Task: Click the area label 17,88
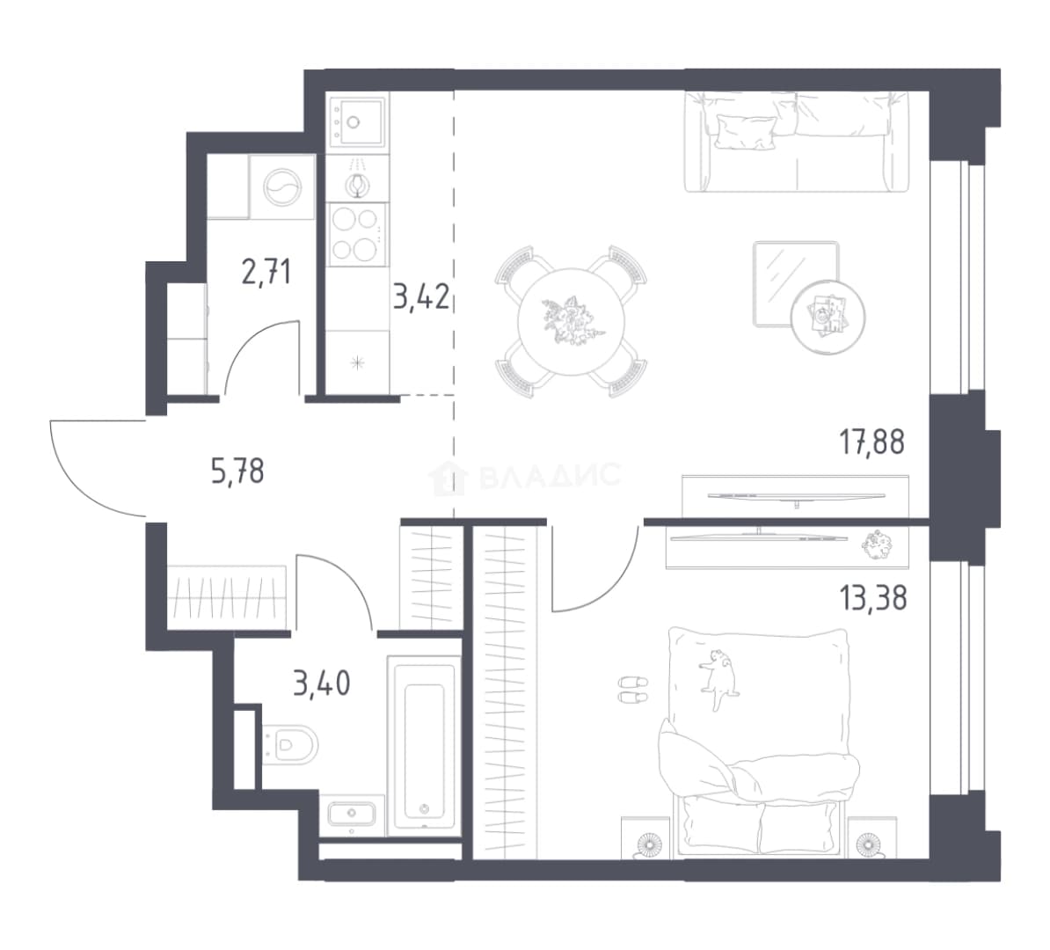(x=871, y=442)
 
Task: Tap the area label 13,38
(x=873, y=597)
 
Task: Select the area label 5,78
(x=237, y=471)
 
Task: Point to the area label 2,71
(x=266, y=273)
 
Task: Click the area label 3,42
(x=420, y=296)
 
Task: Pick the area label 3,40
(x=322, y=684)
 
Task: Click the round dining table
(x=572, y=322)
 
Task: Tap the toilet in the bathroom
(x=289, y=743)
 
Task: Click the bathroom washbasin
(x=353, y=815)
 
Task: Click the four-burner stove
(x=356, y=234)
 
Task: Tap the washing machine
(x=282, y=186)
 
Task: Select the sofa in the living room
(x=797, y=142)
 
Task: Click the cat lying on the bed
(x=718, y=674)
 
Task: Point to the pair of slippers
(x=633, y=690)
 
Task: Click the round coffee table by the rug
(x=828, y=316)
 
